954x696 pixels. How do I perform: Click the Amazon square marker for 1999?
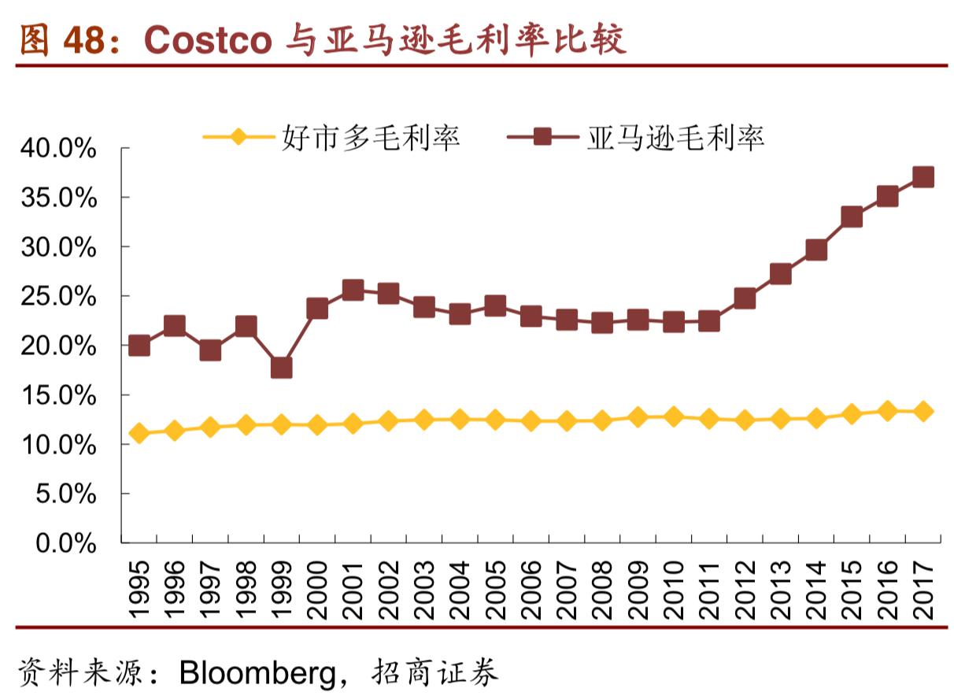[x=282, y=368]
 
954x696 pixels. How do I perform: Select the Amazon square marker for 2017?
[x=923, y=176]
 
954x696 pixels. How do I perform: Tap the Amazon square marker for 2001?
[x=353, y=290]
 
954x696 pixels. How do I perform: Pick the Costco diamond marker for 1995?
[x=139, y=433]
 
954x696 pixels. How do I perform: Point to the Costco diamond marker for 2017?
[x=923, y=411]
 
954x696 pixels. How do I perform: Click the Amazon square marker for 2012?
[x=745, y=298]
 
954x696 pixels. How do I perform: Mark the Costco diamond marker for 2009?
[x=638, y=417]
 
